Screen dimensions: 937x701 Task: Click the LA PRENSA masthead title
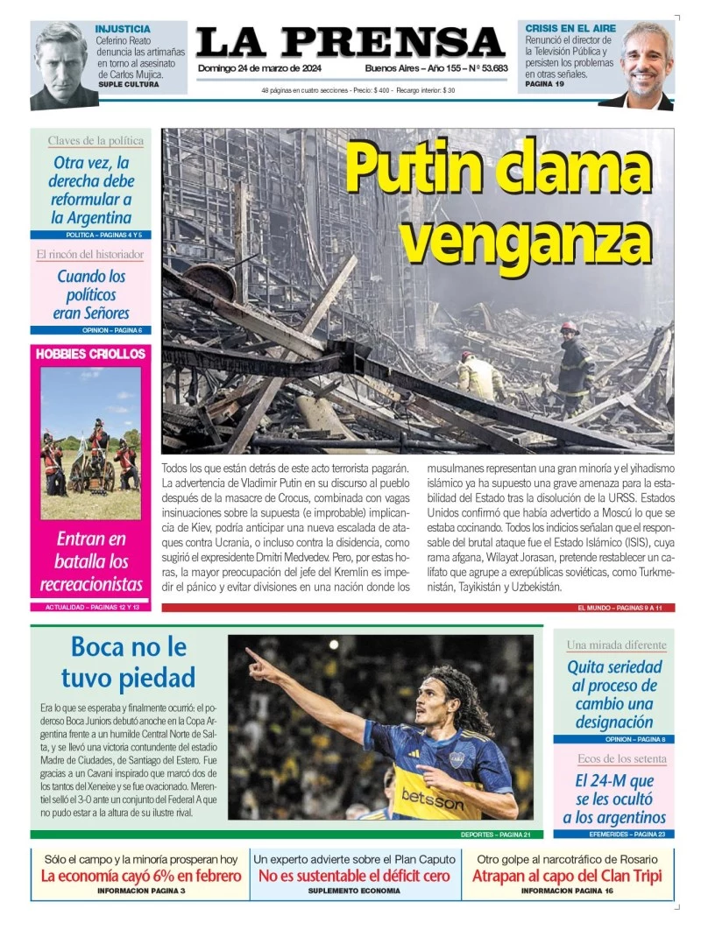coord(350,43)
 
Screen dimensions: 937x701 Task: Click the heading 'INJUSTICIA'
coord(123,29)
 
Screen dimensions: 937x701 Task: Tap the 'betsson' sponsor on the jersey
coord(433,798)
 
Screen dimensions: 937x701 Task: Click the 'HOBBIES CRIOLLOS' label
coord(90,354)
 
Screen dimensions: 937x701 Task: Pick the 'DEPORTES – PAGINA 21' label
coord(496,835)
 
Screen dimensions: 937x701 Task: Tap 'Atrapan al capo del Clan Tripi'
coord(567,876)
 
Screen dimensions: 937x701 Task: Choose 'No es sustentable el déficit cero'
coord(354,876)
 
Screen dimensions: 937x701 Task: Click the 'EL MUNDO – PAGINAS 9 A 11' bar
coord(619,607)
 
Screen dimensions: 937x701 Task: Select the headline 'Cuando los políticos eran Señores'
coord(91,294)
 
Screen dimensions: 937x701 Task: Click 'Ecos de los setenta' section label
coord(621,758)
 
